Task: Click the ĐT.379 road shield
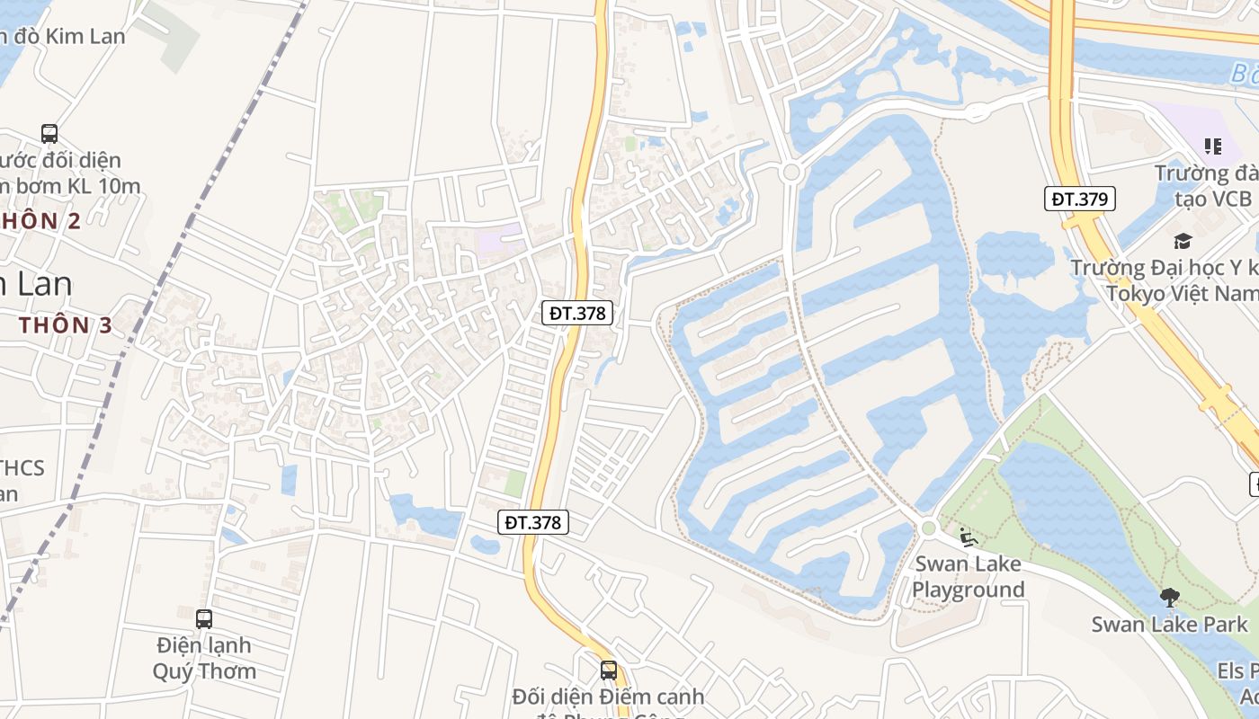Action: click(1079, 199)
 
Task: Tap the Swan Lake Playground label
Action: click(968, 577)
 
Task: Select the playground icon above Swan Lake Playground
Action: click(968, 537)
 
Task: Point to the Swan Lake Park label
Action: click(1169, 625)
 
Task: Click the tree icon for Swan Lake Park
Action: click(1169, 597)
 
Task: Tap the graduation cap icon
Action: click(1182, 241)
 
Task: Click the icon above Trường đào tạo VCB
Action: click(1212, 146)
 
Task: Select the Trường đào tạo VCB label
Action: click(1205, 185)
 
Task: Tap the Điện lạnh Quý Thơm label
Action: click(204, 658)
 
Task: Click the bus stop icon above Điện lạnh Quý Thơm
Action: click(204, 618)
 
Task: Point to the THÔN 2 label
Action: click(40, 221)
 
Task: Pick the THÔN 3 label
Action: click(65, 325)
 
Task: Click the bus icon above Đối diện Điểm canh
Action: click(609, 670)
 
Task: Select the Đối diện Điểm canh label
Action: click(608, 697)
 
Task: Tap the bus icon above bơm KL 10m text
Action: click(49, 134)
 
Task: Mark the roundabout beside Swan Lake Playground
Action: click(928, 528)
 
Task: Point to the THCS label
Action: click(22, 468)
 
